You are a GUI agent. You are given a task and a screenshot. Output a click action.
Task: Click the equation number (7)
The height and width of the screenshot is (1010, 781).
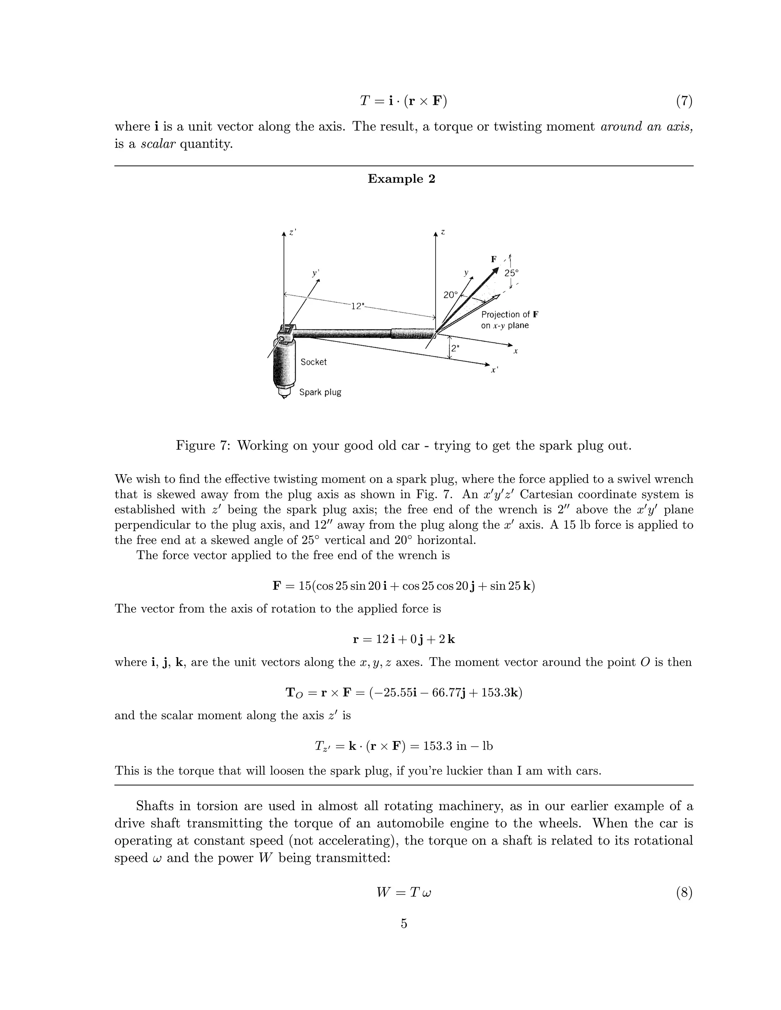point(684,101)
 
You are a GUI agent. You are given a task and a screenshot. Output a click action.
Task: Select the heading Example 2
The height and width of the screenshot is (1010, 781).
point(401,179)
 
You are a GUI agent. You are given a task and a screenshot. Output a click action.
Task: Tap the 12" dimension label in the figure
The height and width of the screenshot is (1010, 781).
point(357,306)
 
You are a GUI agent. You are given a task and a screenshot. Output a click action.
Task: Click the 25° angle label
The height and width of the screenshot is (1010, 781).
point(511,273)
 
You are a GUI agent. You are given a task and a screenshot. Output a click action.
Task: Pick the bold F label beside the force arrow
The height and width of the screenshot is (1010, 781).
point(494,259)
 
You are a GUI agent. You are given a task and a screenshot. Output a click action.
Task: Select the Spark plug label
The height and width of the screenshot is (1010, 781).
point(320,392)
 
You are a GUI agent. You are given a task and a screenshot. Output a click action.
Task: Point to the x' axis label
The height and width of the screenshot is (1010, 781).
point(494,370)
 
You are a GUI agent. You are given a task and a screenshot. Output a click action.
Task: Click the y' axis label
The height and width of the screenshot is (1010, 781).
point(315,273)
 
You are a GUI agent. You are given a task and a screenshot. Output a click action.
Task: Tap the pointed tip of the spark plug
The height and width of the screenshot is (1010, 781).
point(284,397)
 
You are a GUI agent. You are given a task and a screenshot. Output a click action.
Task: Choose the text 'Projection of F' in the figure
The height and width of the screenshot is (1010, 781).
point(509,314)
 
